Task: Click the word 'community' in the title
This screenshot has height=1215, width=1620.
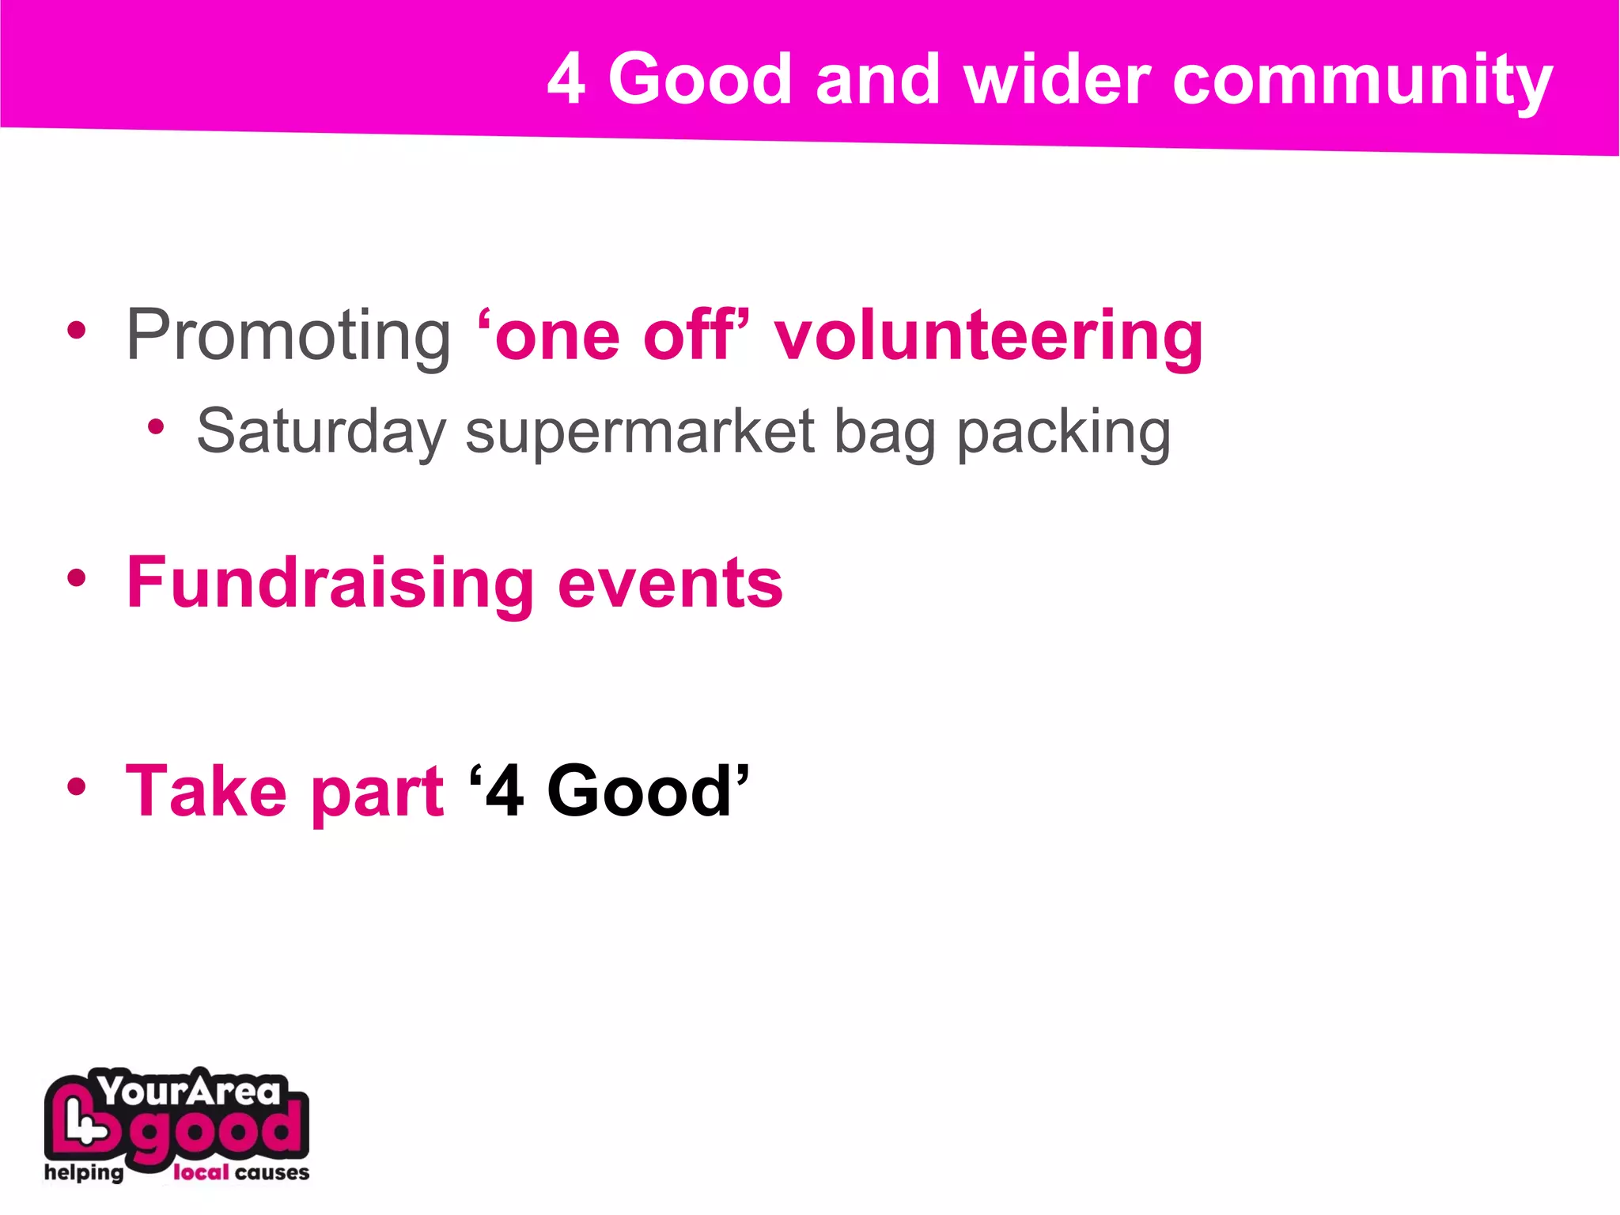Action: tap(1362, 81)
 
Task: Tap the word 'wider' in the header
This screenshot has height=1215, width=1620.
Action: tap(1057, 80)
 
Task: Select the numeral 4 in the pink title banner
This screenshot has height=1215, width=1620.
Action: tap(566, 80)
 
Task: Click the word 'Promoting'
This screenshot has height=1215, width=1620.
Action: tap(289, 335)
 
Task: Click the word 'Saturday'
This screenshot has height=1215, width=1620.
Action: tap(321, 432)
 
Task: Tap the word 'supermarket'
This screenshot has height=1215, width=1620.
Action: tap(640, 432)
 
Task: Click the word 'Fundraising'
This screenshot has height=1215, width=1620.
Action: tap(331, 584)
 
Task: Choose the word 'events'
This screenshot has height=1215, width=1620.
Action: tap(670, 584)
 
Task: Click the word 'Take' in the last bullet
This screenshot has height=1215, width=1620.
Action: tap(206, 791)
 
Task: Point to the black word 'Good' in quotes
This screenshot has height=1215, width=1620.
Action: tap(639, 791)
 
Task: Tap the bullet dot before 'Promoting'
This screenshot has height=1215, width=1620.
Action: tap(76, 331)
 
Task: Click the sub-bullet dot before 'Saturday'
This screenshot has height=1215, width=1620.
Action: tap(156, 428)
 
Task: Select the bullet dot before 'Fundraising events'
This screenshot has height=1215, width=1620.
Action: tap(76, 578)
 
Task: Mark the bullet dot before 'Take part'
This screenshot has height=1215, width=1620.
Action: tap(76, 786)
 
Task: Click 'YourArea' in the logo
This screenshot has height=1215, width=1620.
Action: tap(190, 1092)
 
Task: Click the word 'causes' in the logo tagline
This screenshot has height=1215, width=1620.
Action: tap(272, 1172)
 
